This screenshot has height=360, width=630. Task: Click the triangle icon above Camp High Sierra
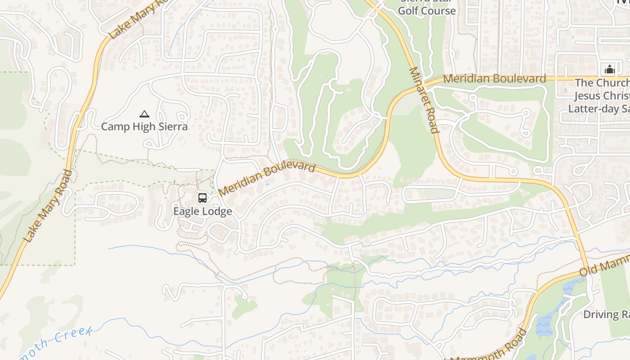144,114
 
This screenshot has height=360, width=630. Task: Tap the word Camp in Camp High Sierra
114,126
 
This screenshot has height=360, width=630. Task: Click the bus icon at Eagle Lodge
202,198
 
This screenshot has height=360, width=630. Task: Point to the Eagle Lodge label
202,211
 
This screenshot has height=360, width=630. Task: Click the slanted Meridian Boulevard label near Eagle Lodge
266,179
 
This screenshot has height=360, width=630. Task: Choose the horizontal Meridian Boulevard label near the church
495,79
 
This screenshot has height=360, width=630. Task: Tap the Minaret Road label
423,100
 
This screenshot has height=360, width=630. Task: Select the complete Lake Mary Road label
49,206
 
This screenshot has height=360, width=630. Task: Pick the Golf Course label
427,10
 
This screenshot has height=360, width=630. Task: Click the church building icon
610,69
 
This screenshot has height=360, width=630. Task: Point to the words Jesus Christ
601,96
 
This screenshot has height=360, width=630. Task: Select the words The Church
601,83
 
